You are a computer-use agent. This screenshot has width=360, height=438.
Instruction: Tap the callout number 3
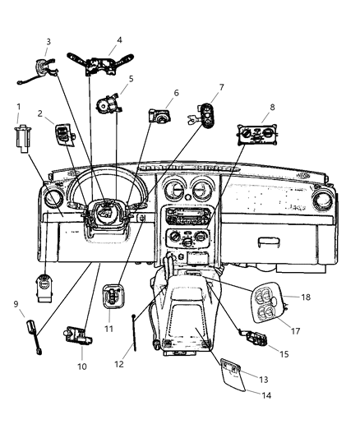[x=48, y=41]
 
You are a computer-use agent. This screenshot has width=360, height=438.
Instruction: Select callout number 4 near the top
[x=120, y=39]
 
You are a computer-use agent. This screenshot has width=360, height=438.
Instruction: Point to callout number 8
[x=273, y=107]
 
